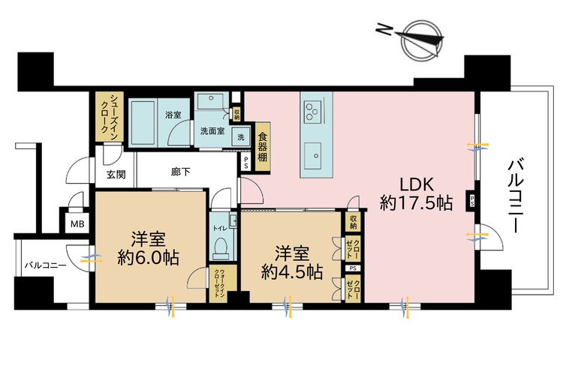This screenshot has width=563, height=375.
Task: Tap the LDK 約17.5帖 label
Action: coord(414,193)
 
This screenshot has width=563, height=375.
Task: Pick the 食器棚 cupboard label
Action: coord(263,147)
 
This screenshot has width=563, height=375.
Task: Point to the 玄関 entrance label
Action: coord(115,175)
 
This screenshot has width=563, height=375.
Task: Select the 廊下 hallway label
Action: coord(181,172)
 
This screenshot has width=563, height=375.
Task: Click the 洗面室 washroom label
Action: coord(212,130)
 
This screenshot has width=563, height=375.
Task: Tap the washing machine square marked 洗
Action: coord(241,137)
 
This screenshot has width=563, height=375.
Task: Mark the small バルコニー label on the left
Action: coord(44,265)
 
